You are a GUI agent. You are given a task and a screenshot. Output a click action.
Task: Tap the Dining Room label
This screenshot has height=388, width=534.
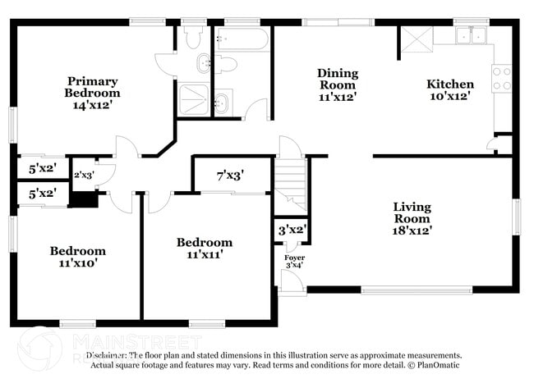(x=337, y=79)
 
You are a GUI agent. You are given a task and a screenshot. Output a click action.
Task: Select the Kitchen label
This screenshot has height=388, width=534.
(x=449, y=84)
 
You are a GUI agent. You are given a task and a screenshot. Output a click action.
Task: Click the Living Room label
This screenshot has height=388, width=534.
(x=412, y=212)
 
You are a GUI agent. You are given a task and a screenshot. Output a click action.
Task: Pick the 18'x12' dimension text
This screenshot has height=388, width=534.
(x=412, y=231)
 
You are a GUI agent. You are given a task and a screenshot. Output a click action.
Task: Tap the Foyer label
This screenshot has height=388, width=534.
(x=294, y=257)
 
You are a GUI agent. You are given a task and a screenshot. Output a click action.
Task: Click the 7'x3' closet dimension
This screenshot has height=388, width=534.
(x=230, y=175)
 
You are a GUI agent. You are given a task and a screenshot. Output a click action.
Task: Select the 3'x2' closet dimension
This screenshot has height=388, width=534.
(x=292, y=230)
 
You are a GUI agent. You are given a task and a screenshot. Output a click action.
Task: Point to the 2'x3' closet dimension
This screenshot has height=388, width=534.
(x=85, y=175)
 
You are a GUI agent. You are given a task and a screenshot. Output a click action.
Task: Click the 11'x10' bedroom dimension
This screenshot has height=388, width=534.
(x=77, y=263)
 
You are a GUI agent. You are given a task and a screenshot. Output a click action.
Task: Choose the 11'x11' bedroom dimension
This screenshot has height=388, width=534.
(x=205, y=255)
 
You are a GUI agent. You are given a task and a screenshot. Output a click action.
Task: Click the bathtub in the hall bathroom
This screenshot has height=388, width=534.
(x=241, y=39)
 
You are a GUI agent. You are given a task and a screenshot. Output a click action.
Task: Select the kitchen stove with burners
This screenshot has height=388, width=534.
(x=501, y=78)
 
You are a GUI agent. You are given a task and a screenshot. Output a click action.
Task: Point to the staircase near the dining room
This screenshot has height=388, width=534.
(x=290, y=185)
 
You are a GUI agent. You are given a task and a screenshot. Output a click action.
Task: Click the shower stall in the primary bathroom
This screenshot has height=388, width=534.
(x=192, y=98)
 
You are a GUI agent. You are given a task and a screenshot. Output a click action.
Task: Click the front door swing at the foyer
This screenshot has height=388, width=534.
(x=291, y=281)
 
